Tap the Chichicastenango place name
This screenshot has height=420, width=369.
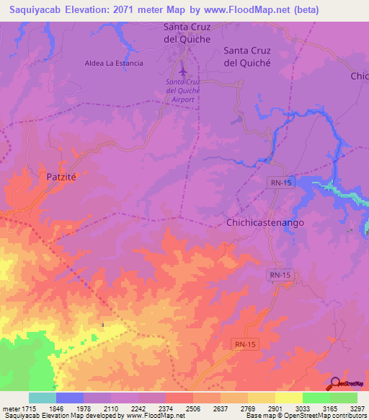[265, 223]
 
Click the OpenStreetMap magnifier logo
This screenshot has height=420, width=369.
[334, 383]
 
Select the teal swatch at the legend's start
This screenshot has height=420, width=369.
[43, 398]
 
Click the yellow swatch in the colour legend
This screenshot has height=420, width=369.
[289, 398]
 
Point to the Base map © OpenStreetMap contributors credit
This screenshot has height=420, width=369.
[306, 416]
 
